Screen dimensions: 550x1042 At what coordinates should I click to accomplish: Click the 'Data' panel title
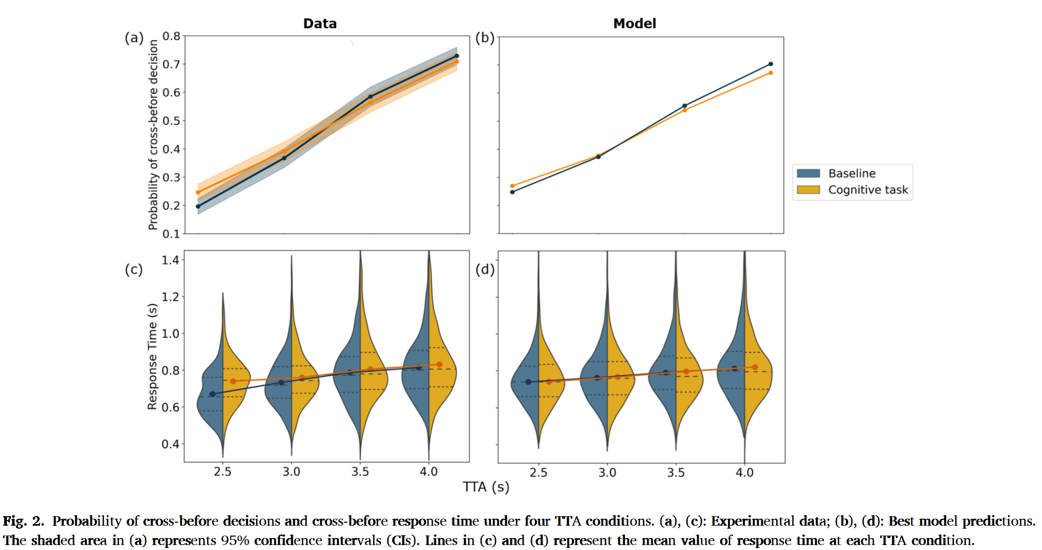tap(320, 23)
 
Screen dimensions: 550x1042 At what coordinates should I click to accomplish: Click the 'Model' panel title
tap(635, 23)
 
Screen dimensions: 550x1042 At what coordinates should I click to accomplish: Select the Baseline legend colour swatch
tap(808, 173)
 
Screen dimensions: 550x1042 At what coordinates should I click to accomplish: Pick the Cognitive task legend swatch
tap(808, 190)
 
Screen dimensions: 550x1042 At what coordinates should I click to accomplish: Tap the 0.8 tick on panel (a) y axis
tap(171, 36)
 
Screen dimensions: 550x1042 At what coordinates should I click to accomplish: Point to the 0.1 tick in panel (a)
tap(171, 234)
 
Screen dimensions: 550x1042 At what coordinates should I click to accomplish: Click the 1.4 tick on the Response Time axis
tap(170, 260)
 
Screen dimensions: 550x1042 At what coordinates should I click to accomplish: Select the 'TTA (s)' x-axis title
tap(486, 487)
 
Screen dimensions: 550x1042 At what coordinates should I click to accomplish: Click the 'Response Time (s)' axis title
tap(152, 357)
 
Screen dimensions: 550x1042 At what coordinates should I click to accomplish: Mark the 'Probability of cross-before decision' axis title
tap(153, 135)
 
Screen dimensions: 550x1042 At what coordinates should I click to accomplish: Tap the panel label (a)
tap(134, 38)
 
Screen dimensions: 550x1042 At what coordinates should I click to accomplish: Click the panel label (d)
tap(485, 269)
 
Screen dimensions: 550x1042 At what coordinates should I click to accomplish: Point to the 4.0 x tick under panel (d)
tap(744, 472)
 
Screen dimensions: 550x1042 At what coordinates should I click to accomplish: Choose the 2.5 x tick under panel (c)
tap(223, 471)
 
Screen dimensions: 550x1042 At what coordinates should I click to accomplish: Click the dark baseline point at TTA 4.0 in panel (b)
tap(771, 64)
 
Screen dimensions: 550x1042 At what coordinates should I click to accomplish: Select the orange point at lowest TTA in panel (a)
tap(198, 192)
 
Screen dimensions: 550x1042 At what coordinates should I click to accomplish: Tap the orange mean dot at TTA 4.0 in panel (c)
tap(439, 365)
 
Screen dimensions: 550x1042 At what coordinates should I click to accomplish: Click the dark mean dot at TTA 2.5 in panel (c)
tap(213, 394)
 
